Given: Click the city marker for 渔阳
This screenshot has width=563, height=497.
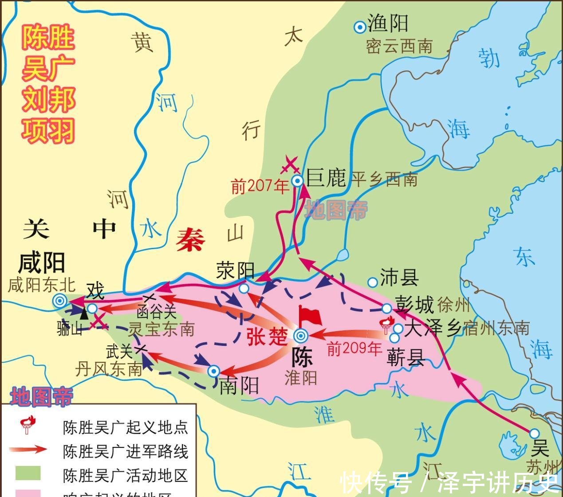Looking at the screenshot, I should pos(359,27).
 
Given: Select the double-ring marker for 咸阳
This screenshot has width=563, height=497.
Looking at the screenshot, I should pos(60,301).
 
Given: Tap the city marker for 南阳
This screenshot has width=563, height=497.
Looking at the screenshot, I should pos(214,371).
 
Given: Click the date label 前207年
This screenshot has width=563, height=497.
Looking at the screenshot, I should pos(260,187).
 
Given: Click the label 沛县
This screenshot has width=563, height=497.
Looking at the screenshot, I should pos(399,278).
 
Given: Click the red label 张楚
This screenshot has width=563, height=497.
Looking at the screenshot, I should pos(267,337).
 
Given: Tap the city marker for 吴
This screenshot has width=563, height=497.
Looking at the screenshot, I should pos(535,433).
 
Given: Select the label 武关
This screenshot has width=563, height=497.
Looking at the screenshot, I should pos(119,352).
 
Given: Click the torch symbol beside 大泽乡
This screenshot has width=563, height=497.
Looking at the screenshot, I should pos(386,325).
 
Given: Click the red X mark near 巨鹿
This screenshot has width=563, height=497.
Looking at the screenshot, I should pos(291,165).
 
